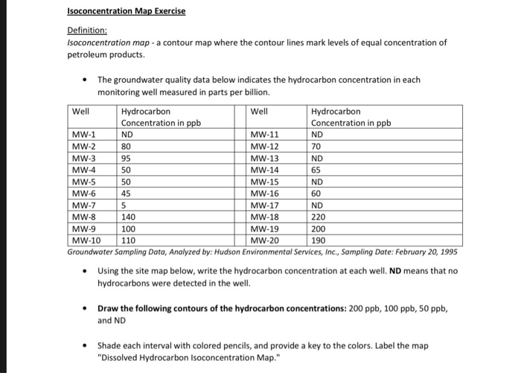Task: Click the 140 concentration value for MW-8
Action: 129,217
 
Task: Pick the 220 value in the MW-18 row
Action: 319,217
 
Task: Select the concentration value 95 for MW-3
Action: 127,159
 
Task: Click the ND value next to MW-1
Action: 127,135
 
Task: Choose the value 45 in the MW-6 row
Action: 127,194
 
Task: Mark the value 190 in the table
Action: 319,241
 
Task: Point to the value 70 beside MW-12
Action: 317,147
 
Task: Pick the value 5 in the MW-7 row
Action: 124,205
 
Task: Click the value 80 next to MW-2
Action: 127,147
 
